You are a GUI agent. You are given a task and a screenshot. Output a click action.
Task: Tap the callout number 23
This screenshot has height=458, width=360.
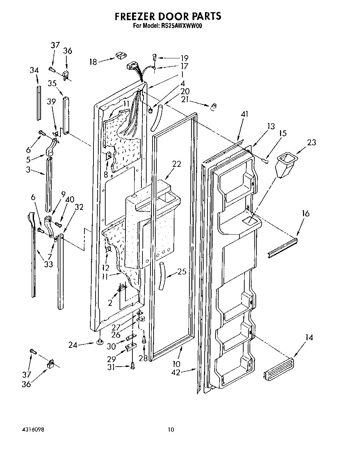pos(311,142)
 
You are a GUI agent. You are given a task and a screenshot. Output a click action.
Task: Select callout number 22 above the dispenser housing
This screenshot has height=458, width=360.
pos(177,164)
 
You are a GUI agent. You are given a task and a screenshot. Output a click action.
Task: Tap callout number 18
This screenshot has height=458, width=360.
pos(93,62)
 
